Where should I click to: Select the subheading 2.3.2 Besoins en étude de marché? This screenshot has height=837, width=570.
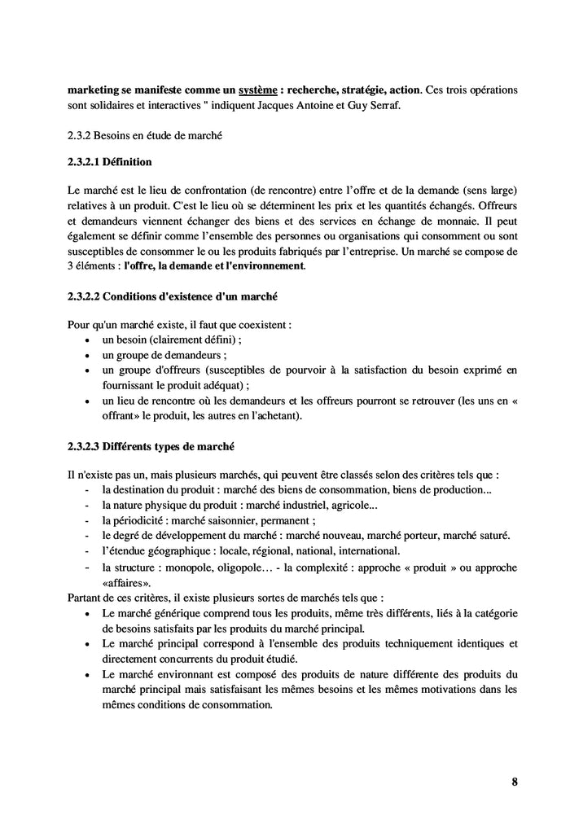144,134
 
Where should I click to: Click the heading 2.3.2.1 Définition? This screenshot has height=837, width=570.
109,162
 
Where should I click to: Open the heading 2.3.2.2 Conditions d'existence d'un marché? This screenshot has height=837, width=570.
173,295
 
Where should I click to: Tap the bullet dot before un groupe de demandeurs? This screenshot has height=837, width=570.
88,355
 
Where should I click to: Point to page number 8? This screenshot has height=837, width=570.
514,782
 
